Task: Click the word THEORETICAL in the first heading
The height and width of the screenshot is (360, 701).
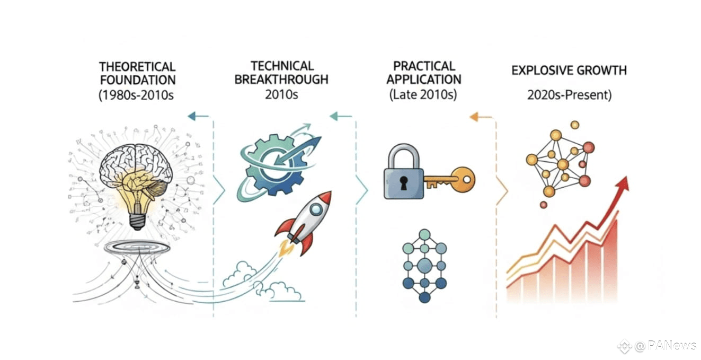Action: coord(137,67)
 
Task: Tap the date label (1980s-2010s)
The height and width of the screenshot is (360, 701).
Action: coord(136,95)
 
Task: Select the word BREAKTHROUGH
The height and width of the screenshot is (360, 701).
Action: coord(281,80)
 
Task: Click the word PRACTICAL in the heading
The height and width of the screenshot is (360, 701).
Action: coord(424,66)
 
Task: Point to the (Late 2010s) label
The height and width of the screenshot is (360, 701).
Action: coord(423,94)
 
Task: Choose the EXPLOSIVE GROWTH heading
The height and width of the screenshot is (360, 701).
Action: coord(569,70)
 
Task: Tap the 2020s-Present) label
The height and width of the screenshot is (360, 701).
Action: coord(569,95)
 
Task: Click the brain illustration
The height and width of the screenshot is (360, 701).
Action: coord(136,168)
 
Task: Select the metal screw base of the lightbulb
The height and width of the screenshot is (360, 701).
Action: coord(137,221)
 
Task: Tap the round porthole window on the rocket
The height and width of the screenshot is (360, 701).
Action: coord(316,209)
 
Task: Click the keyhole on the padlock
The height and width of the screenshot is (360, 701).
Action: coord(404,183)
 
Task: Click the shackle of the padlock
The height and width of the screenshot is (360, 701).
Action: coord(404,156)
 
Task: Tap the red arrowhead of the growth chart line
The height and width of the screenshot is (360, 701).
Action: coord(623,184)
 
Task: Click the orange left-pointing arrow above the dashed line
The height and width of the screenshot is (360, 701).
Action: coord(481,117)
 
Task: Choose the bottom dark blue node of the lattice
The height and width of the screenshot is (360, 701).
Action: coord(424,297)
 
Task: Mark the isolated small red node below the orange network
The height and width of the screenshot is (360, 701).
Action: coord(544,205)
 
